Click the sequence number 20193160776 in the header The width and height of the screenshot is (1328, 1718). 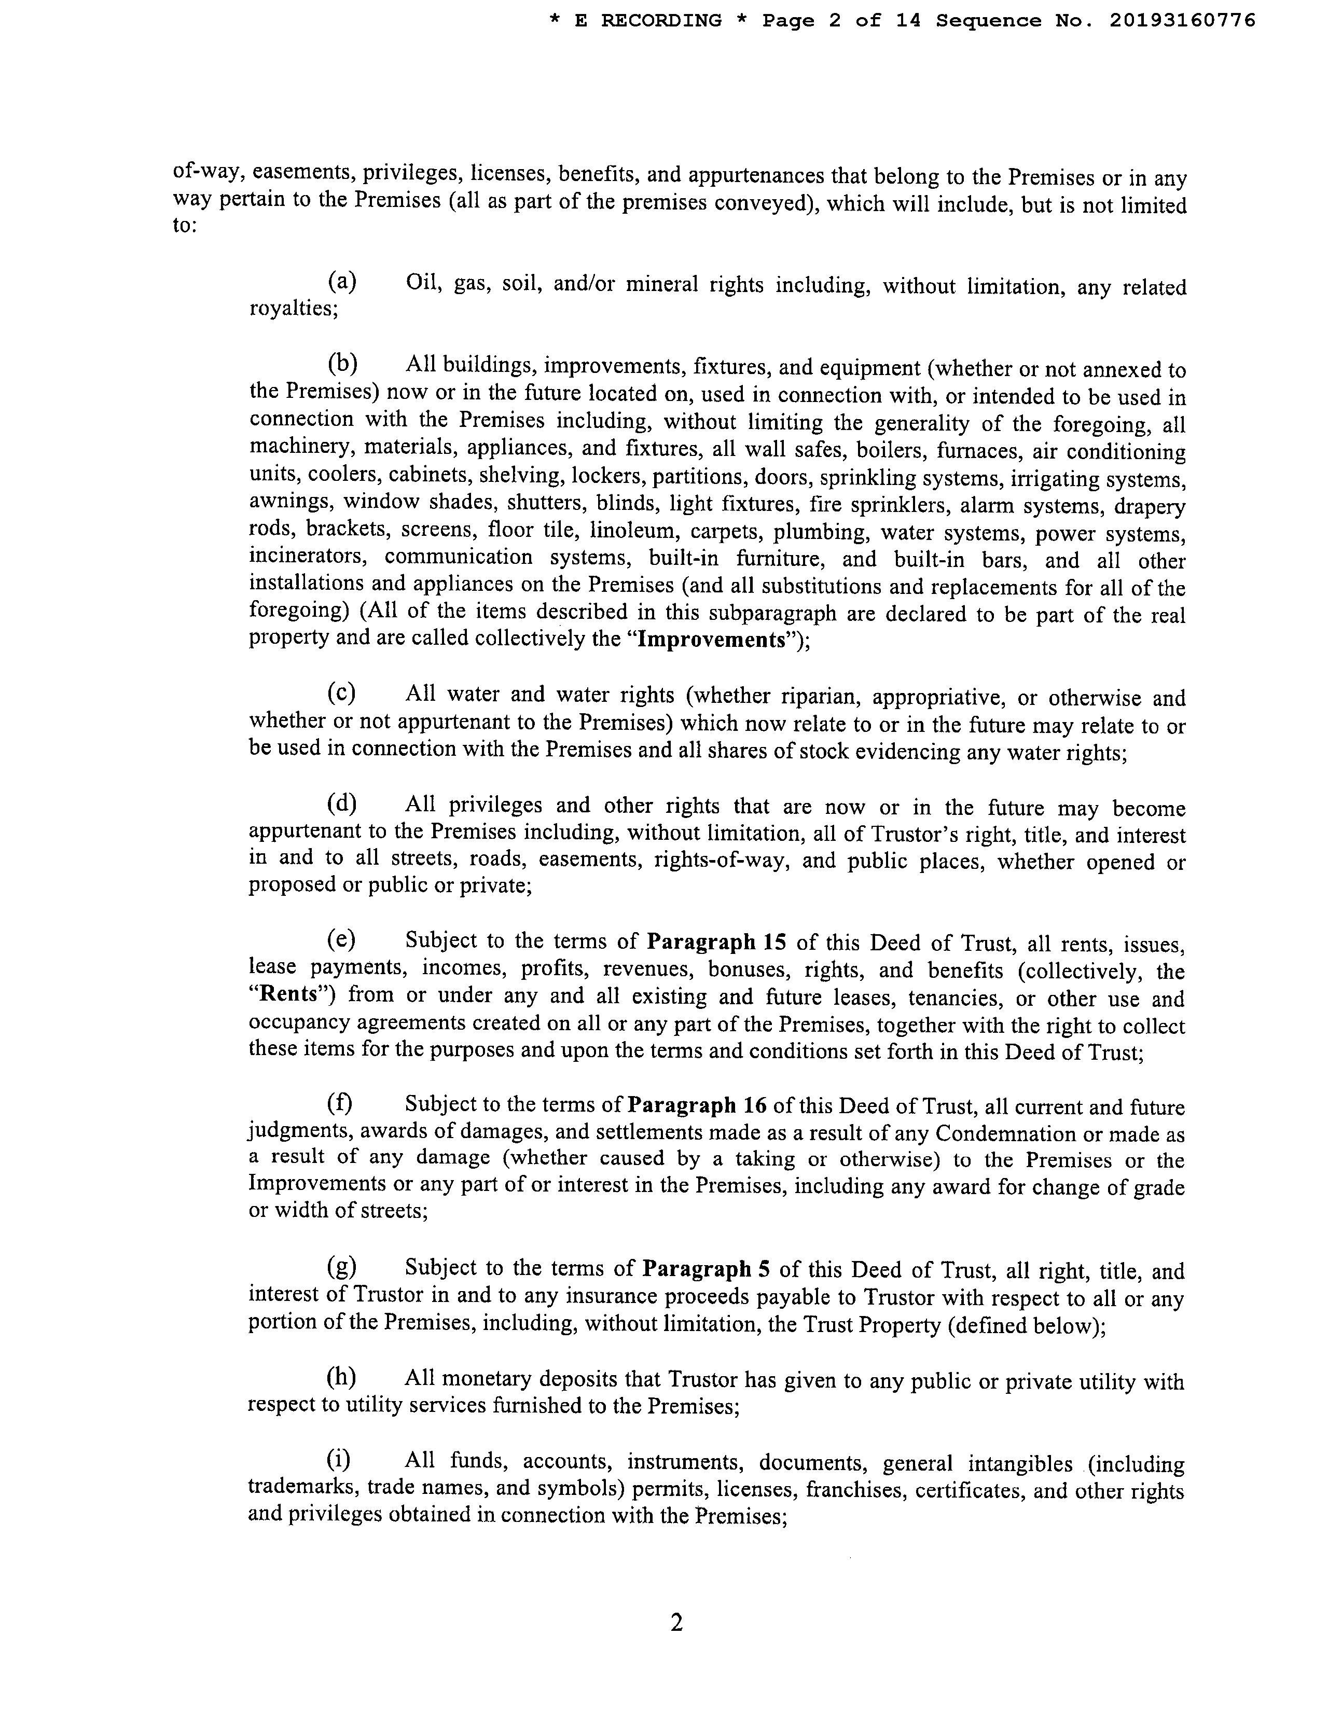1182,21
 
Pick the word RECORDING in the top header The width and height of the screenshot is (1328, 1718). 661,21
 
